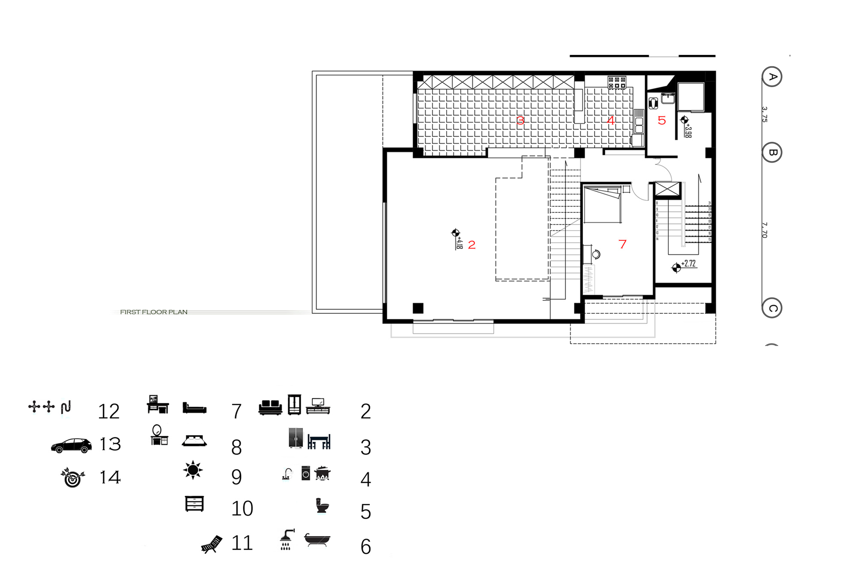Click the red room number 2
[472, 245]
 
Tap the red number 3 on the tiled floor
[520, 121]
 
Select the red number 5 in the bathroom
[662, 121]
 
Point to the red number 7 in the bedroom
[622, 244]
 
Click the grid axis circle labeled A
[772, 77]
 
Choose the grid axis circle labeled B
[772, 152]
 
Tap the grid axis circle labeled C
[772, 308]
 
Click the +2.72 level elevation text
[689, 264]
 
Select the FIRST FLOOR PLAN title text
[154, 312]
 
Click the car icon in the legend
[71, 446]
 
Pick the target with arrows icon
[73, 477]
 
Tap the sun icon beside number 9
[193, 470]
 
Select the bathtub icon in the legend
[317, 540]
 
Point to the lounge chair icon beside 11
[212, 544]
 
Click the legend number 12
[109, 412]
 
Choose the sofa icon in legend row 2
[270, 407]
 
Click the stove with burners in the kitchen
[617, 82]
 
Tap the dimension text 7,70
[764, 230]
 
